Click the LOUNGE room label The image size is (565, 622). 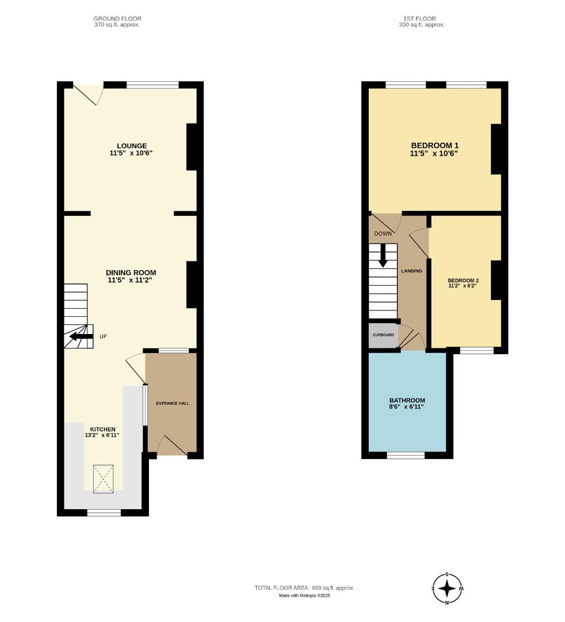[x=132, y=146]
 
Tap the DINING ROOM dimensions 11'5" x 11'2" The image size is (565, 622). [x=131, y=280]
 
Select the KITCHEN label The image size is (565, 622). [x=102, y=429]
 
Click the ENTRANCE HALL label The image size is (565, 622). [x=172, y=403]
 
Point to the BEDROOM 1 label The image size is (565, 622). [x=434, y=146]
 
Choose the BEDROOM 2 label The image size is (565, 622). [x=463, y=280]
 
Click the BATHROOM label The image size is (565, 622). [x=407, y=400]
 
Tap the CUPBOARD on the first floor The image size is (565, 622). [x=383, y=335]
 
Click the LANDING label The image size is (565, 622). [x=412, y=271]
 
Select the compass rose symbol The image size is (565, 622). [x=447, y=589]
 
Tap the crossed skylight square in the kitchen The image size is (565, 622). [x=104, y=479]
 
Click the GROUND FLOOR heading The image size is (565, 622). [x=117, y=18]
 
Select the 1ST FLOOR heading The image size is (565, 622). [x=422, y=18]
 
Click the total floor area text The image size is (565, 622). [x=304, y=588]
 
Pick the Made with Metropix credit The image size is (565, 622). [x=304, y=596]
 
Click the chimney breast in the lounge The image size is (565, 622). [x=192, y=147]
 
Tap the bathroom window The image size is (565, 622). [x=406, y=456]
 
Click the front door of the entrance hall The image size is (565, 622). [x=171, y=446]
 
